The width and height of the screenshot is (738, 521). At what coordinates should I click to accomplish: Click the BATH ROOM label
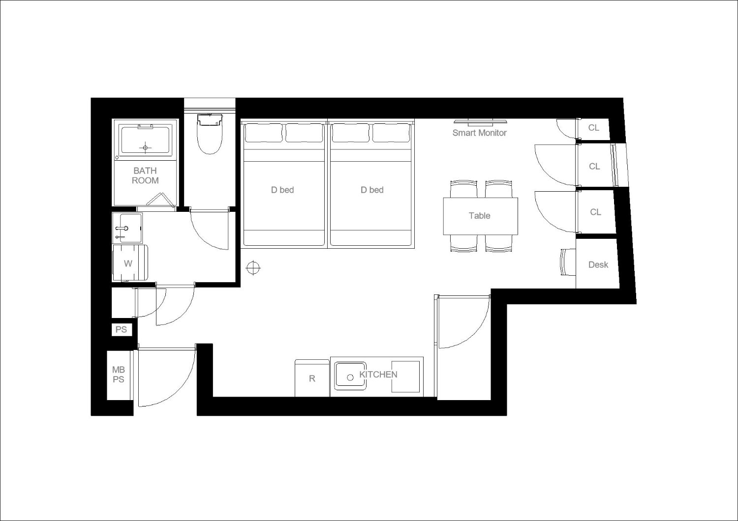coord(145,175)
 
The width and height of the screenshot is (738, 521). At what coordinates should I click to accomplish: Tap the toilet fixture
coord(209,134)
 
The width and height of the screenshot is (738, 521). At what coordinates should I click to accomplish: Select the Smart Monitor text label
coord(479,133)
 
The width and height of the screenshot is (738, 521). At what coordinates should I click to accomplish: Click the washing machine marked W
coord(130,262)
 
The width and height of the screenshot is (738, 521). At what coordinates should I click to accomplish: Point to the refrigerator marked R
coord(312,378)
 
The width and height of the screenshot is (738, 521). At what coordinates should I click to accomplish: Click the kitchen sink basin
coord(350,376)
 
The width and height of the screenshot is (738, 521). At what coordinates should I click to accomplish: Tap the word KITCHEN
coord(378,374)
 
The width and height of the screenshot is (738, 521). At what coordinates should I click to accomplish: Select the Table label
coord(479,216)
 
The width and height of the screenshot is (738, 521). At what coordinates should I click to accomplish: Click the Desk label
coord(598,264)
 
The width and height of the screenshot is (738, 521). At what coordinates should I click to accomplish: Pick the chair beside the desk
coord(568,262)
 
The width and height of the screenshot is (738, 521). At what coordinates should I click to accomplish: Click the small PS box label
coord(121,329)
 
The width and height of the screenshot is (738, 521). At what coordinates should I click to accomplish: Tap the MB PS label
coord(119,375)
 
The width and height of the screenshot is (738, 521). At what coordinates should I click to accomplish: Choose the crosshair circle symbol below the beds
coord(253,268)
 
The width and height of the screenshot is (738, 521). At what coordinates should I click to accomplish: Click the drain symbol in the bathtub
coord(145,148)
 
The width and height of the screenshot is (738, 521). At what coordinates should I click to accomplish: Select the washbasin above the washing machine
coord(127,228)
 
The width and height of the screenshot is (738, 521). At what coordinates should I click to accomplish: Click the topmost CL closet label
coord(594,128)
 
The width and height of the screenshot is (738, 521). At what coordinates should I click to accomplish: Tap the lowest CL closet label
coord(595,212)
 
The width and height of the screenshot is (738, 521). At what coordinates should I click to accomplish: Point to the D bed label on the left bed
coord(282,190)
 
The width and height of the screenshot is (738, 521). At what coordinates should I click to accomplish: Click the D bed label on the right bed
coord(372,190)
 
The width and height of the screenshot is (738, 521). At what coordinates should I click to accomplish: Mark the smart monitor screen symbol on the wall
coord(479,122)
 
